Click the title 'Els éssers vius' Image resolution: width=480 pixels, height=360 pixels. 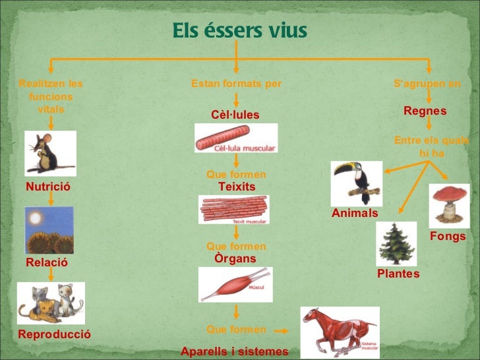[x=239, y=31]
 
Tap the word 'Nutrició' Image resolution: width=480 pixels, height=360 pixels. [x=47, y=187]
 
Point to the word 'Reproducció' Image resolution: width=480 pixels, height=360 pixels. [x=55, y=334]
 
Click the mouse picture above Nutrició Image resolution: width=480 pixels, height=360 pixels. [x=50, y=153]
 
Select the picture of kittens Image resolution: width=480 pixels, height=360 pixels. [x=51, y=303]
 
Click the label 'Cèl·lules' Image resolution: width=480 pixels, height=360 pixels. [x=235, y=115]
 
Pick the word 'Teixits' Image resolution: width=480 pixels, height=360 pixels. [x=237, y=187]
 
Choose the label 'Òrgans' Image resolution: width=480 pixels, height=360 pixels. [x=235, y=258]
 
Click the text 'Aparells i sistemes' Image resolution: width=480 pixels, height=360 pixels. [x=235, y=351]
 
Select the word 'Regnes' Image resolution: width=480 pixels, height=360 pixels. [x=425, y=111]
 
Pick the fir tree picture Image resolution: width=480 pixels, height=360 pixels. [x=396, y=243]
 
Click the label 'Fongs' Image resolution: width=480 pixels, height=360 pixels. [x=448, y=236]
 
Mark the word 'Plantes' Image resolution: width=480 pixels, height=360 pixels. [x=398, y=273]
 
